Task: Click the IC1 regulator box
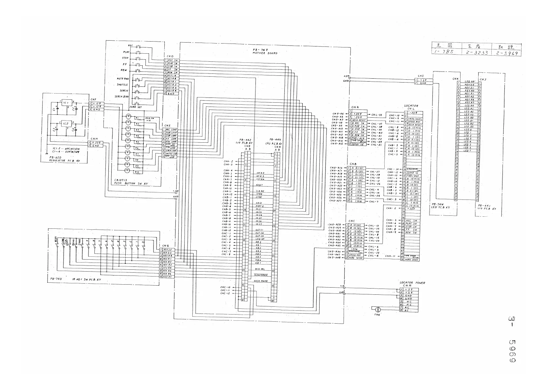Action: point(65,103)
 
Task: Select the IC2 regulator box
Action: point(65,124)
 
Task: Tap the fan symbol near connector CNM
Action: point(378,309)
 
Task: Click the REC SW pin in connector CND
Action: point(173,60)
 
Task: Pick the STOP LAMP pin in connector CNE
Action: point(171,136)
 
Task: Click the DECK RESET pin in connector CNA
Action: point(359,120)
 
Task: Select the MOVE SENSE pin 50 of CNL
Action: point(412,260)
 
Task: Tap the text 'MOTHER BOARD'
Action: point(265,53)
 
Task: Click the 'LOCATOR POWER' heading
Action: point(412,283)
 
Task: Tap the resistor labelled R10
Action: point(137,172)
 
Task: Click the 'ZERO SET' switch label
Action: point(135,107)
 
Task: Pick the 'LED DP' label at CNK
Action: point(470,82)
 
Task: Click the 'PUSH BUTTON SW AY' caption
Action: point(131,184)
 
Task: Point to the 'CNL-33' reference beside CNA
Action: point(376,115)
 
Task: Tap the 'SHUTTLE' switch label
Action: point(123,85)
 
